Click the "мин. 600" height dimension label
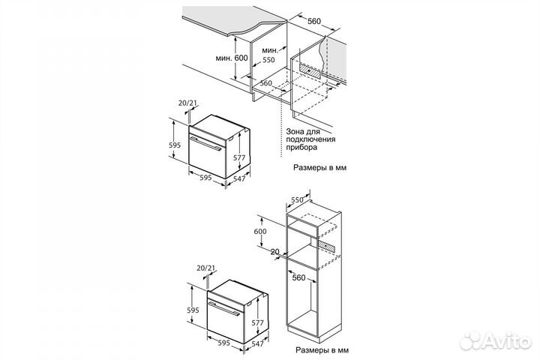(x=232, y=58)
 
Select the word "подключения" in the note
(x=310, y=139)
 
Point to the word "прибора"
(x=301, y=147)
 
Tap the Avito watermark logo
(x=496, y=340)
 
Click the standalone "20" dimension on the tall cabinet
(x=274, y=252)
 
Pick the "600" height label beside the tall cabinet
(x=260, y=231)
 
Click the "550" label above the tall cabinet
(x=297, y=199)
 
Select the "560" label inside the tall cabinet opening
(x=299, y=277)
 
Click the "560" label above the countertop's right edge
(x=314, y=21)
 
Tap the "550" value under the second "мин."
(x=268, y=60)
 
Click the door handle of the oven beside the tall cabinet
(x=223, y=309)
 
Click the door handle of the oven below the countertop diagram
(x=205, y=144)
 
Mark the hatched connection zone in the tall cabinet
(x=325, y=245)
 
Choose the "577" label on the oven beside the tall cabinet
(x=257, y=322)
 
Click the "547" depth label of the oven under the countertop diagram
(x=239, y=178)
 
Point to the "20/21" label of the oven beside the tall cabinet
(x=205, y=268)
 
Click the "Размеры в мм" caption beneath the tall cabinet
(x=322, y=350)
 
